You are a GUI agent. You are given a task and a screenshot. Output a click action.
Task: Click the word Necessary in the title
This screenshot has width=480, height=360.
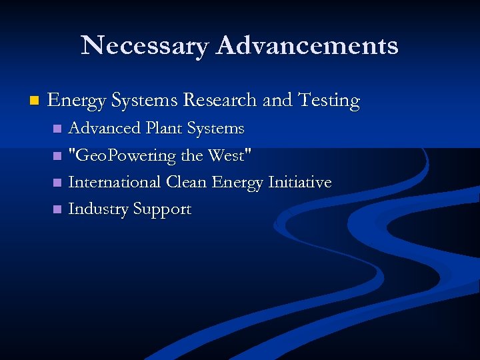coord(144,45)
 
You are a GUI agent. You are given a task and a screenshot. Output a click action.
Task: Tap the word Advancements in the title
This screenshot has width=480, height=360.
coord(307,45)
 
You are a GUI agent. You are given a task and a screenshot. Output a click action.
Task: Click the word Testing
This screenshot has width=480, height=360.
coord(329,101)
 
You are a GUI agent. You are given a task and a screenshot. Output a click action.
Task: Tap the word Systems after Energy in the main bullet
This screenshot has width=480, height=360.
coord(145,101)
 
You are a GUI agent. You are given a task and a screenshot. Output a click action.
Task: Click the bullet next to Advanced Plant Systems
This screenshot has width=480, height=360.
coord(58,128)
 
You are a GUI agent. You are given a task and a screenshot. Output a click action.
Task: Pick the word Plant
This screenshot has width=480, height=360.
coord(162,127)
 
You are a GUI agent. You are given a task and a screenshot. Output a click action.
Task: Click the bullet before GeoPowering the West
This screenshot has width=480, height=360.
coord(58,156)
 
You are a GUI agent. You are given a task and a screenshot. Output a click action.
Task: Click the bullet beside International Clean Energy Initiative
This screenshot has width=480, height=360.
coord(58,182)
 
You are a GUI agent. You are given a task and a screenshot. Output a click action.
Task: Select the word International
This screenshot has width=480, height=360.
coord(115,182)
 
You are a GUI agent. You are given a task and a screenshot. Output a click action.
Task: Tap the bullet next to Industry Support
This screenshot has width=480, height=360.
coord(58,209)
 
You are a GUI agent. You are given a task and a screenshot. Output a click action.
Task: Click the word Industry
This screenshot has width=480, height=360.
coord(98,209)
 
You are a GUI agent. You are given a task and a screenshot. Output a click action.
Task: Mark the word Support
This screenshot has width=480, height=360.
coord(162,210)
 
